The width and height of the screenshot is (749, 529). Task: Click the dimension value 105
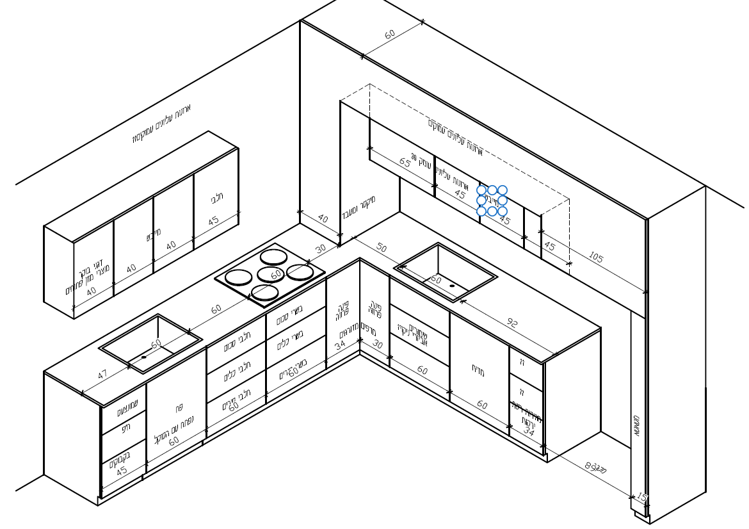pyautogui.click(x=595, y=257)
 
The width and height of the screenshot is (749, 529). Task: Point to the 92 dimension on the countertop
pyautogui.click(x=511, y=323)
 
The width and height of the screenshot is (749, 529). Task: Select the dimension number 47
pyautogui.click(x=102, y=373)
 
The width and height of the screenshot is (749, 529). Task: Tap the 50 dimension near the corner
pyautogui.click(x=382, y=248)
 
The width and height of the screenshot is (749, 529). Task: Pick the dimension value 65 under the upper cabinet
pyautogui.click(x=405, y=162)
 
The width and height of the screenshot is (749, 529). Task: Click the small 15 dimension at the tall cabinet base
pyautogui.click(x=641, y=497)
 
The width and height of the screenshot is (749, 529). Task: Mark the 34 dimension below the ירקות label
pyautogui.click(x=528, y=432)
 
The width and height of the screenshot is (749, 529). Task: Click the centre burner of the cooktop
pyautogui.click(x=270, y=275)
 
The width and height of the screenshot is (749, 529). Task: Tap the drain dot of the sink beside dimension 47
pyautogui.click(x=143, y=357)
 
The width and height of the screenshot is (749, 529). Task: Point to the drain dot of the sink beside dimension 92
pyautogui.click(x=452, y=286)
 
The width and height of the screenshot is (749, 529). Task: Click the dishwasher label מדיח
pyautogui.click(x=478, y=371)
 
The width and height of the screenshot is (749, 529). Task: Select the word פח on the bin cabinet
pyautogui.click(x=179, y=408)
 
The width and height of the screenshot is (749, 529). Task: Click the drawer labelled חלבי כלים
pyautogui.click(x=236, y=371)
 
